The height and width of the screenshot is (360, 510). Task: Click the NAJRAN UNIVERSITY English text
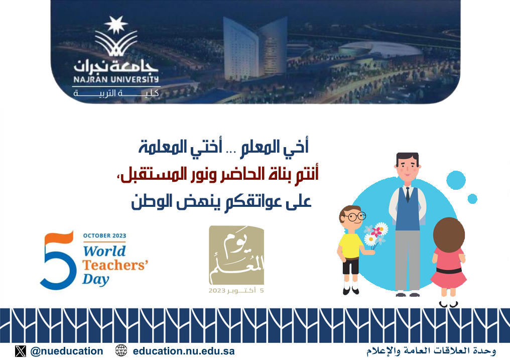coord(116,79)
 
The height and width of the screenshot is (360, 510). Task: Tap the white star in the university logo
coord(116,25)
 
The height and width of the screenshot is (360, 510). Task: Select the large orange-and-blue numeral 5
coord(57,260)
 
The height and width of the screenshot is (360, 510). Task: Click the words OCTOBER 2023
coord(104,235)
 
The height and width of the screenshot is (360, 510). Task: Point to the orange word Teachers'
coord(115,265)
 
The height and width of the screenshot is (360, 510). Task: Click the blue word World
coord(104,251)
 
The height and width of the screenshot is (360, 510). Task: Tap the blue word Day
coord(95,279)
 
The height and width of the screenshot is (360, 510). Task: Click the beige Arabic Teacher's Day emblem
coord(236,255)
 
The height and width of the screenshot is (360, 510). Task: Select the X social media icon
coord(20,351)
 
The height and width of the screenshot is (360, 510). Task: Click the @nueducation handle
coord(67,351)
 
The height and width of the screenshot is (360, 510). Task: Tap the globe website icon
coord(121,350)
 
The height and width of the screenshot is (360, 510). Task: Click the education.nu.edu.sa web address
coord(184,351)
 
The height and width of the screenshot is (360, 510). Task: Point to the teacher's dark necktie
coord(408,194)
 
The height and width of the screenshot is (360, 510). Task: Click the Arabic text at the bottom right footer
coord(431,351)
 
